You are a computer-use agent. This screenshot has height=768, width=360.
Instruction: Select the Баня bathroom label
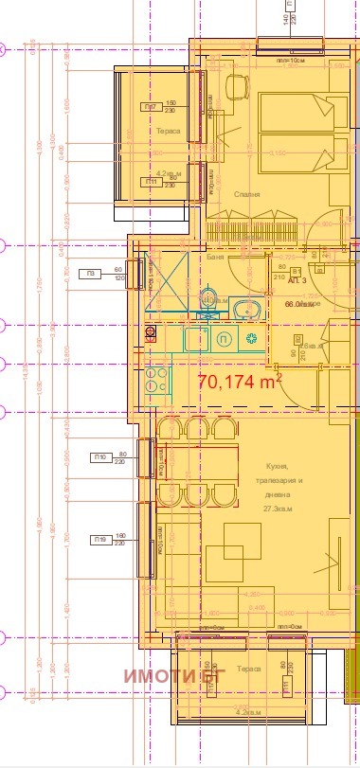coord(215,257)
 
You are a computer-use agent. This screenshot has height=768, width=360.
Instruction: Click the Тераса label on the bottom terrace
coord(249,668)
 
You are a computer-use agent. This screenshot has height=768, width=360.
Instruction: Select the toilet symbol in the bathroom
coord(209,300)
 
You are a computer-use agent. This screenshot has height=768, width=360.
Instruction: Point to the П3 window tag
coord(91,275)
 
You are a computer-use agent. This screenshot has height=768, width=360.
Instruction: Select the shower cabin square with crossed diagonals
coord(165,284)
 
